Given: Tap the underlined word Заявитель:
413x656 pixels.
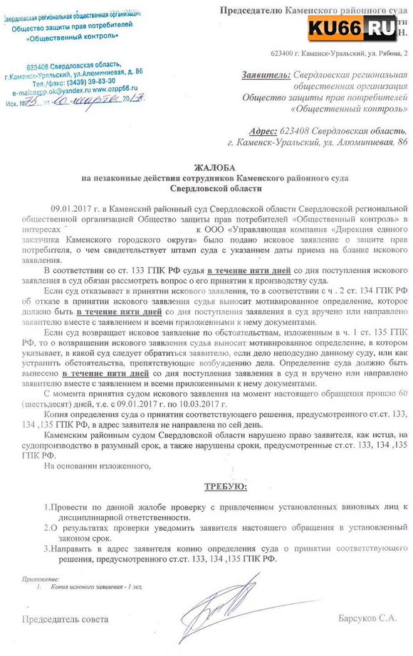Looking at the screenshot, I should pos(266,74).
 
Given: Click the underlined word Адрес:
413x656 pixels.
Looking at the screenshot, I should pos(267,131).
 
